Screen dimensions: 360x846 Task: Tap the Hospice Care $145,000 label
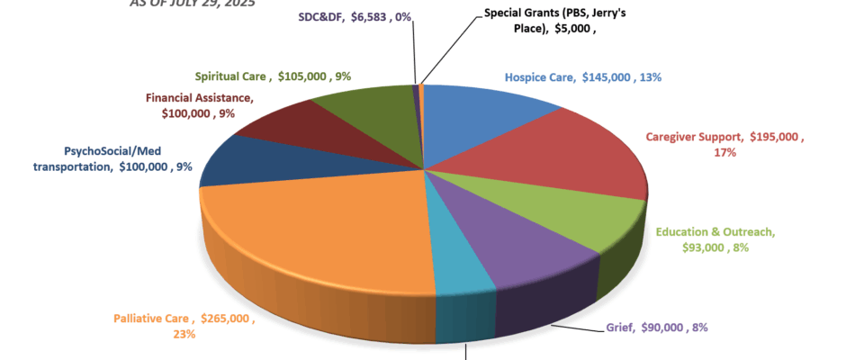click(582, 77)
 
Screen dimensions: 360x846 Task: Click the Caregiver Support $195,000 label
click(725, 145)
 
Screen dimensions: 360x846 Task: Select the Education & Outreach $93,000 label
click(715, 239)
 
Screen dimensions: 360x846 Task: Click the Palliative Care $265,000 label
click(184, 326)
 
